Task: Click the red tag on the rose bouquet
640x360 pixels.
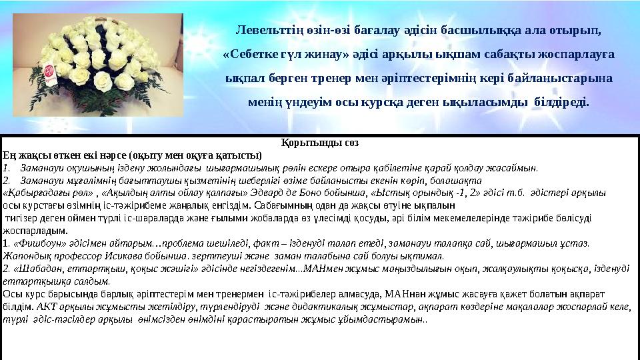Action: [49, 73]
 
